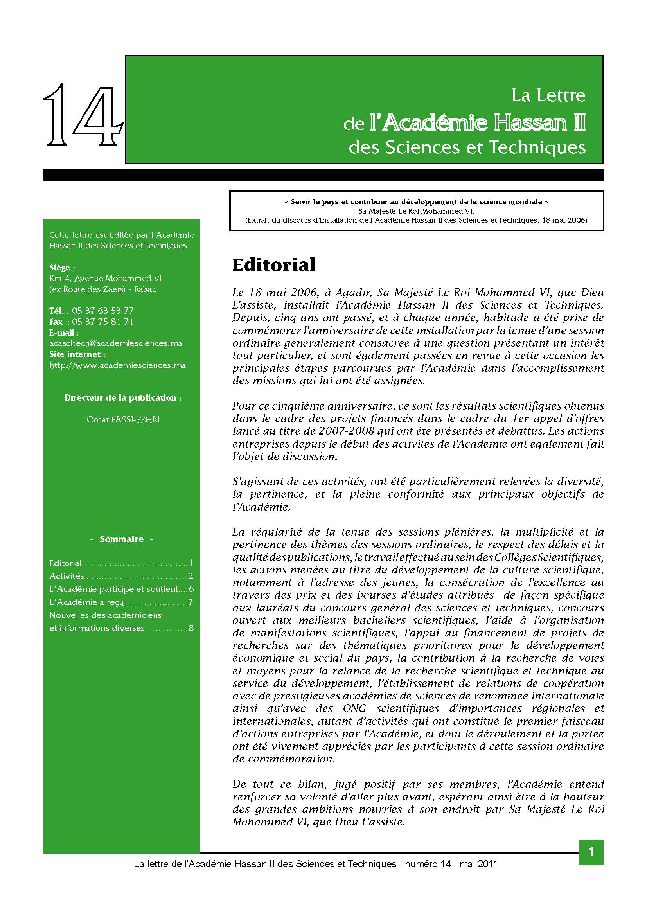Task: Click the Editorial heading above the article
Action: [274, 265]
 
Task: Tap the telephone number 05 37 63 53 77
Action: [103, 311]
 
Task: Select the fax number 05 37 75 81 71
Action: [103, 322]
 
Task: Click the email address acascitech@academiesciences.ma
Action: [115, 343]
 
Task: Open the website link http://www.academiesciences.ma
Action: [117, 365]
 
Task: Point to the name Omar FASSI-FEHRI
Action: [123, 420]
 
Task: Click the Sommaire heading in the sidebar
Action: [122, 539]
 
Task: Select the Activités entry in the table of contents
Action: [66, 576]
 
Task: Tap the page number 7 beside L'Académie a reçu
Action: [191, 602]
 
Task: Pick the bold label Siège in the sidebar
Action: [59, 268]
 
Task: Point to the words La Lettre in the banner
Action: [548, 95]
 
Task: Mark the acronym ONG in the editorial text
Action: [354, 708]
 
